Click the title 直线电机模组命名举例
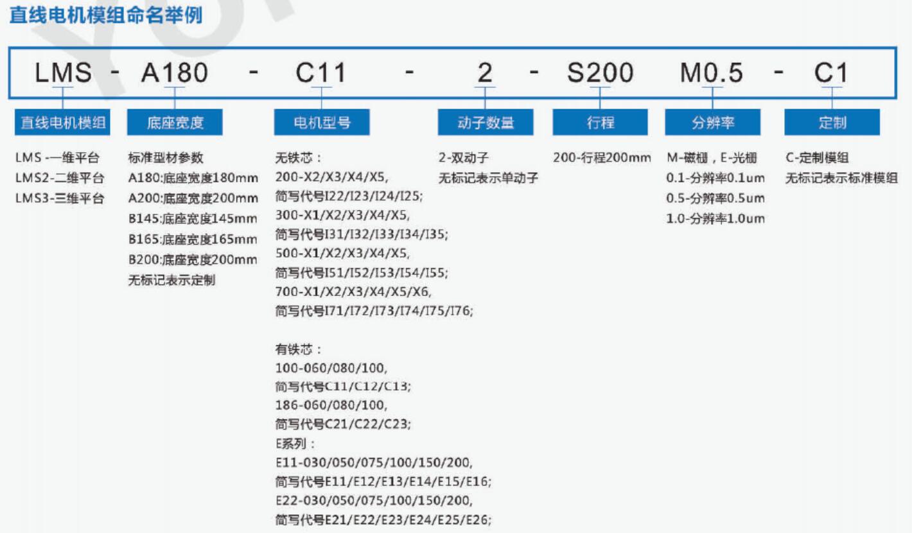point(106,15)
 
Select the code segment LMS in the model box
point(63,73)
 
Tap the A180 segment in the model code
point(175,73)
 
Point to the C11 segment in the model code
point(321,73)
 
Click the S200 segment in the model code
point(600,73)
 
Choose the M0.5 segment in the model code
point(712,73)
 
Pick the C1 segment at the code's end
point(831,73)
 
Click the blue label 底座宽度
point(175,122)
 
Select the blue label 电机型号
point(322,122)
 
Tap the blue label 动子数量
point(486,122)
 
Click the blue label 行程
point(600,122)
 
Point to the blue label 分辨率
point(712,122)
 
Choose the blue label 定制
point(832,122)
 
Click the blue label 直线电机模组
point(62,122)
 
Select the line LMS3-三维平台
point(60,198)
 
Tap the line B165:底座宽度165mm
point(193,239)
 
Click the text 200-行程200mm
point(602,157)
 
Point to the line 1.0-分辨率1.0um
point(715,218)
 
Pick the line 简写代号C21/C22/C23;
point(343,424)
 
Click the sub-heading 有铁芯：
point(299,349)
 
